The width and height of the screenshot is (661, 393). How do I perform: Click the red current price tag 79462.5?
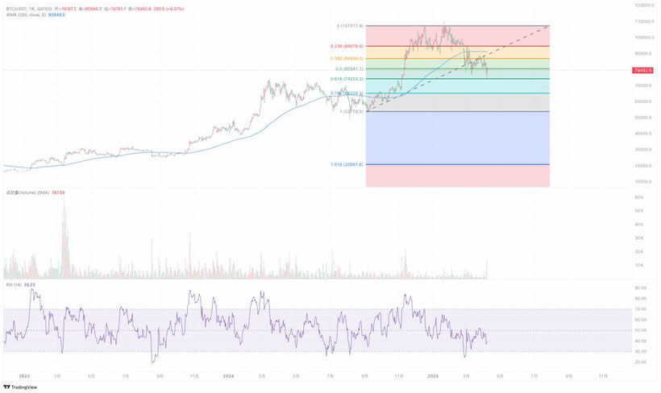point(642,70)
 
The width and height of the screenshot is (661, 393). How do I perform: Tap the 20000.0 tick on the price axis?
point(642,165)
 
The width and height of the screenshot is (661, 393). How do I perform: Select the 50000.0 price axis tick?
point(642,118)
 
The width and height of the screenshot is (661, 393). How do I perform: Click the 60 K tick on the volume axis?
point(638,196)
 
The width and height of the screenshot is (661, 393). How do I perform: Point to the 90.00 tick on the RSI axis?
point(642,288)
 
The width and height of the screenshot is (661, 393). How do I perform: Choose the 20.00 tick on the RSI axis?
point(642,362)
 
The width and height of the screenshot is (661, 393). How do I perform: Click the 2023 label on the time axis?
point(23,375)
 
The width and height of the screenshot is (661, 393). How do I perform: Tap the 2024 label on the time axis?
point(229,375)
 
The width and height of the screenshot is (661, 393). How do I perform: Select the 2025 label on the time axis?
point(433,375)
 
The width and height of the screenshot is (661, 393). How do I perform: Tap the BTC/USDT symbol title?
point(15,6)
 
